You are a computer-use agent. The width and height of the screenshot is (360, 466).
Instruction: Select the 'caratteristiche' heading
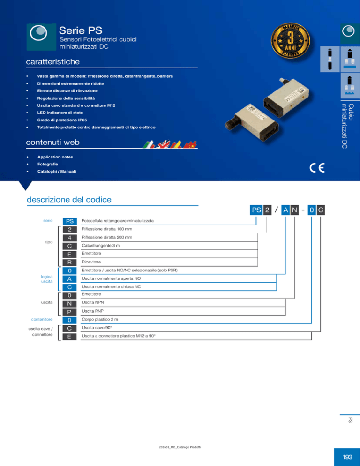pyautogui.click(x=53, y=62)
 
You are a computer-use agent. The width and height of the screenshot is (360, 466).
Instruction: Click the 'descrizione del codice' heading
pyautogui.click(x=69, y=200)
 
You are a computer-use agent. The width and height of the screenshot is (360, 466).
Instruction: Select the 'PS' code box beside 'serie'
pyautogui.click(x=69, y=221)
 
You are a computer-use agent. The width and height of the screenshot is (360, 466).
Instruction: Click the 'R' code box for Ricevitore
pyautogui.click(x=69, y=262)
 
